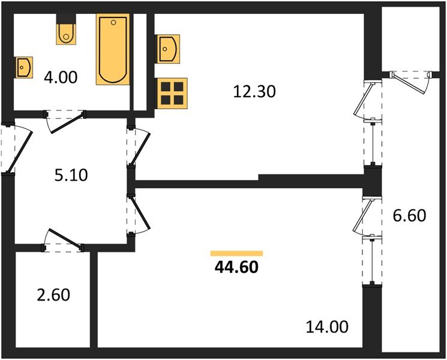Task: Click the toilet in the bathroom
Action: point(66,34)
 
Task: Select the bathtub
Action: point(113,50)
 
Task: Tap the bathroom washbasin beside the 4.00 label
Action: point(25,67)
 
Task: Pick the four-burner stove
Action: point(172,93)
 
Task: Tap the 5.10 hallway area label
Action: point(70,176)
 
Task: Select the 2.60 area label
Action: point(53,295)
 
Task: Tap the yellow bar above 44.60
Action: point(236,253)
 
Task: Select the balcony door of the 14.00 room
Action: point(367,219)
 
